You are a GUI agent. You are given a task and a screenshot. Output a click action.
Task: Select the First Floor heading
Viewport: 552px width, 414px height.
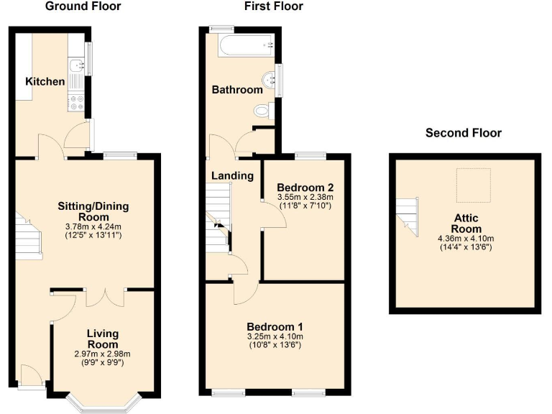pyautogui.click(x=274, y=6)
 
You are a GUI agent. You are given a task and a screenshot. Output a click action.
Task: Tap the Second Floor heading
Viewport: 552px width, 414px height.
pyautogui.click(x=464, y=133)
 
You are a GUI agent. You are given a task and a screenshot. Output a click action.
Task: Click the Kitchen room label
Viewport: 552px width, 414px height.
pyautogui.click(x=45, y=82)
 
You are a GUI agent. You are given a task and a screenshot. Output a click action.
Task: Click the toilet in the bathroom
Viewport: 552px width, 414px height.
pyautogui.click(x=264, y=111)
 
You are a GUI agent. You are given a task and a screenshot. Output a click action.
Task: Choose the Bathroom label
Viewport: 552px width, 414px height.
pyautogui.click(x=237, y=90)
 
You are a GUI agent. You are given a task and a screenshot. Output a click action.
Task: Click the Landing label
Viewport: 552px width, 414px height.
pyautogui.click(x=232, y=175)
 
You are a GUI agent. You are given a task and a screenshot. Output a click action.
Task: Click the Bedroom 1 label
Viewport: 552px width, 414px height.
pyautogui.click(x=275, y=325)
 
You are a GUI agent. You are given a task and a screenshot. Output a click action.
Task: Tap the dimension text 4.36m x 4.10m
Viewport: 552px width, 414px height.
pyautogui.click(x=466, y=239)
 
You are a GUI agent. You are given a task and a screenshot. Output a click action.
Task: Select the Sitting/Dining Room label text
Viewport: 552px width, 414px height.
pyautogui.click(x=93, y=211)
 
